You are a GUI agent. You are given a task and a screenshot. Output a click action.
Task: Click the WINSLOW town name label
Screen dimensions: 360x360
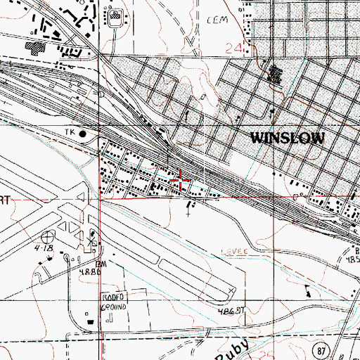(x=288, y=139)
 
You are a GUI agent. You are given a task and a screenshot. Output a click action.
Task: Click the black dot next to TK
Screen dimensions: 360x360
(x=83, y=133)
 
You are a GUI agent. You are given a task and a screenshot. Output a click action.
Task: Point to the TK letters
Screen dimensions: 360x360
(x=69, y=132)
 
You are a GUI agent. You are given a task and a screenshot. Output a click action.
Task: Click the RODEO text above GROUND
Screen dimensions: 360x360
(x=113, y=297)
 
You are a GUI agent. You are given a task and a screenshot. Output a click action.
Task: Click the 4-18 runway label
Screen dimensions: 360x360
(x=49, y=247)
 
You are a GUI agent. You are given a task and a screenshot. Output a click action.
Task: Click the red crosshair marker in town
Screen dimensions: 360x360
(x=182, y=181)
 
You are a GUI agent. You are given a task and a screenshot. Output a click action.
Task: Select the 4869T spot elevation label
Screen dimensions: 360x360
(x=230, y=310)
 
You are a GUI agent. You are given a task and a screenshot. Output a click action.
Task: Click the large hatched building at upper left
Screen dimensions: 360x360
(x=34, y=46)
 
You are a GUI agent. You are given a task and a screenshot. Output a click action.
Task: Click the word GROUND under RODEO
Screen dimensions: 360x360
(x=113, y=307)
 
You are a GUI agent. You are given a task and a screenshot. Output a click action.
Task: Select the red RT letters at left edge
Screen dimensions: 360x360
(x=4, y=200)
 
